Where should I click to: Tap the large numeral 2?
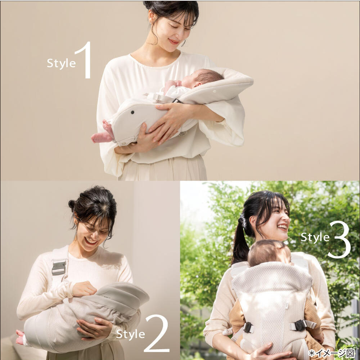pos(157,333)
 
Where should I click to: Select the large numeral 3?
pos(339,240)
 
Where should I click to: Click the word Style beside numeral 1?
pos(61,63)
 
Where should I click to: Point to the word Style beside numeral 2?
pos(130,334)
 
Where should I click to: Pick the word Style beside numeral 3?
pos(315,237)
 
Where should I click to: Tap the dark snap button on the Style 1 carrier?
pos(132,112)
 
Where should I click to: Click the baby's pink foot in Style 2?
pos(20,338)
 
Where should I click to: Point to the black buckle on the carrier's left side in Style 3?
pos(248,327)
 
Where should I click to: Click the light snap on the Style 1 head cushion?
pos(215,91)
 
